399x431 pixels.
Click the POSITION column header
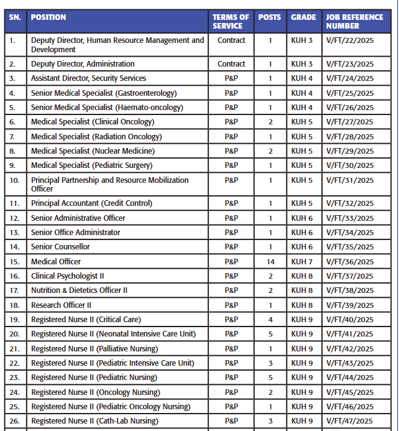(48, 17)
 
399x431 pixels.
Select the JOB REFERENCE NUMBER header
(354, 22)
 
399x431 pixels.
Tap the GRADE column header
(303, 17)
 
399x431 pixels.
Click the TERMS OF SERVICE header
(231, 22)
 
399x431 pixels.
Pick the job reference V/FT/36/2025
(350, 262)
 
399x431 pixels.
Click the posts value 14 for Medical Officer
(270, 262)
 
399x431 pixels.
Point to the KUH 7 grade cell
(302, 262)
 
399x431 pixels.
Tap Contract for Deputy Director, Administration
(231, 64)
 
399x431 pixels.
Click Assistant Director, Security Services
(88, 78)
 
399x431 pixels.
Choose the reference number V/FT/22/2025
(350, 40)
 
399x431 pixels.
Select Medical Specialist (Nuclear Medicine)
(93, 151)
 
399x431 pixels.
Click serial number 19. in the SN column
(13, 320)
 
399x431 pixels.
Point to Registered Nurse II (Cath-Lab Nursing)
(94, 421)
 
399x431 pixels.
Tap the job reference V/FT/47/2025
(350, 421)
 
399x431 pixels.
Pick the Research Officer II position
(61, 305)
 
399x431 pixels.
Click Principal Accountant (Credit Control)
(91, 203)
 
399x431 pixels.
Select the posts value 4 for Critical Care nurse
(270, 320)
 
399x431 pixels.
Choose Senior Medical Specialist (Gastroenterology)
(104, 93)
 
